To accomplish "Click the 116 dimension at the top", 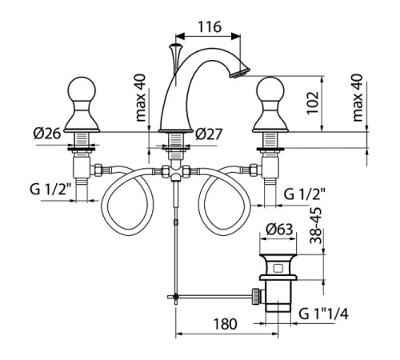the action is click(x=210, y=26).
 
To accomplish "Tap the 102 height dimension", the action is click(x=313, y=103).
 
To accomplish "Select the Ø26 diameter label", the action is click(x=47, y=133).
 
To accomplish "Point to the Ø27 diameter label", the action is click(x=209, y=134).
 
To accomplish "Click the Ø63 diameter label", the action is click(x=279, y=229).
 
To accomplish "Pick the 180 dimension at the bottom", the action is click(x=226, y=324).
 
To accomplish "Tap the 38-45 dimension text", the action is click(x=316, y=226).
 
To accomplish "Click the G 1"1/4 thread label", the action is click(x=323, y=314).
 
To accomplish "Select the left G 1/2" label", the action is click(x=50, y=190).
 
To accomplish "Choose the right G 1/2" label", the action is click(x=305, y=194).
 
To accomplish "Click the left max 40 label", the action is click(x=141, y=98).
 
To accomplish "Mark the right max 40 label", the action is click(x=358, y=98).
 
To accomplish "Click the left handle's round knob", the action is click(x=82, y=90).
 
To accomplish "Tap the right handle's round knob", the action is click(x=270, y=90).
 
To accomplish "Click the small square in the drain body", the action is click(x=278, y=268).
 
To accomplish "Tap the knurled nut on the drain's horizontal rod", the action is click(x=256, y=296).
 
